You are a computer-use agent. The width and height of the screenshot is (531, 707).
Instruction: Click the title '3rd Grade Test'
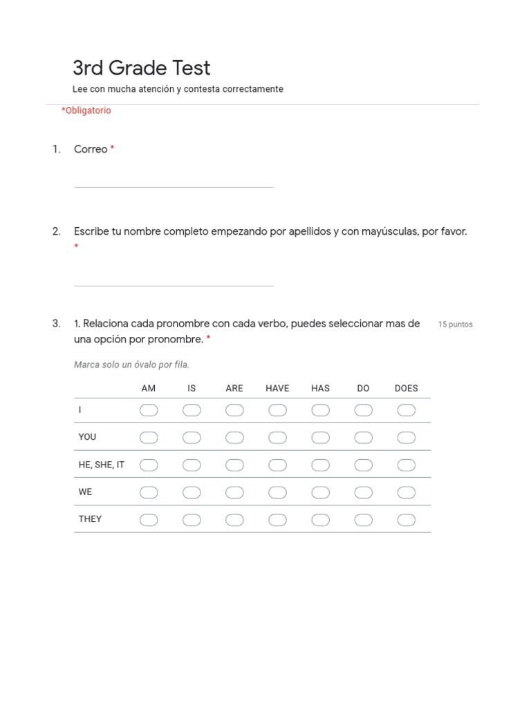tap(141, 68)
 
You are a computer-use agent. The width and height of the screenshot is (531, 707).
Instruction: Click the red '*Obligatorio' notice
tap(86, 110)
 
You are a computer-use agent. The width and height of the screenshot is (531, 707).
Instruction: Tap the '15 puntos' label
tap(455, 325)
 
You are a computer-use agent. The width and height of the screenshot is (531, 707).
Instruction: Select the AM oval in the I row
tap(149, 410)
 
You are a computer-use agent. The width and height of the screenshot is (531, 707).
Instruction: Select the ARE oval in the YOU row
tap(234, 438)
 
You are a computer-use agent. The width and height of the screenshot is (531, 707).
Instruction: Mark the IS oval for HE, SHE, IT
tap(192, 465)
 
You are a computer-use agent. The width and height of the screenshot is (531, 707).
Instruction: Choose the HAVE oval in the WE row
tap(277, 492)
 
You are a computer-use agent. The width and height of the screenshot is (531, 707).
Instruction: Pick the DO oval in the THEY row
tap(363, 520)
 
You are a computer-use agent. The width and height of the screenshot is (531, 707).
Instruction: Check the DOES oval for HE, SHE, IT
tap(406, 465)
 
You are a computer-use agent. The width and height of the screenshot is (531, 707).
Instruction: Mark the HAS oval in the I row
tap(320, 410)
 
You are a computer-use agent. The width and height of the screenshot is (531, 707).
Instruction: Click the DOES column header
tap(406, 388)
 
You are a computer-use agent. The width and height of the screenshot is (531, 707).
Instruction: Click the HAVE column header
tap(277, 388)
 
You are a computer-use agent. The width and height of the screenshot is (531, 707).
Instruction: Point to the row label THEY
tap(90, 519)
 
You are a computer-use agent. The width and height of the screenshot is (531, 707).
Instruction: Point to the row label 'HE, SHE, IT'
tap(102, 465)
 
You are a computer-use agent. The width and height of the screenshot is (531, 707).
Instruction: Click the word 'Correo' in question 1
tap(91, 149)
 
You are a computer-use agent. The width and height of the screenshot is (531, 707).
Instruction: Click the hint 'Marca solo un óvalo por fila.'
tap(131, 365)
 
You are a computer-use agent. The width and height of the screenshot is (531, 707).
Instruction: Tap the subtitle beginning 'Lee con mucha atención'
tap(178, 89)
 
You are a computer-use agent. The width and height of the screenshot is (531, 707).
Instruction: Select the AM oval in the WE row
tap(149, 492)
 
